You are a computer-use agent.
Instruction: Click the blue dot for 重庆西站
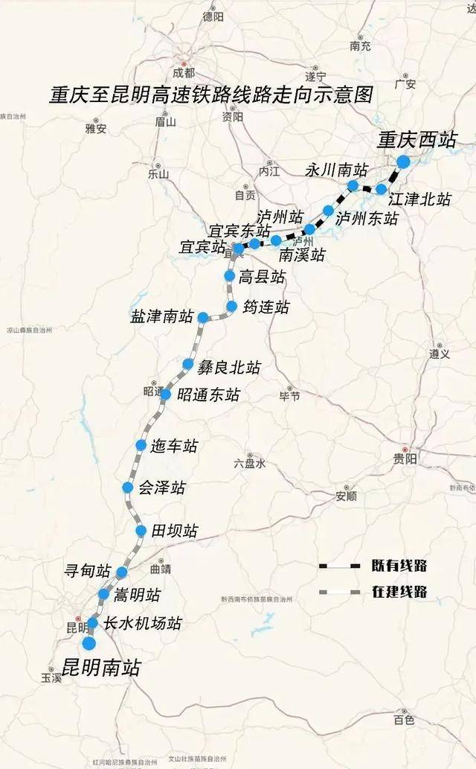click(403, 162)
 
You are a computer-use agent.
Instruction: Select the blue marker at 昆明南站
click(89, 644)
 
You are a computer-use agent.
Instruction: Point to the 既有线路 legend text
click(399, 567)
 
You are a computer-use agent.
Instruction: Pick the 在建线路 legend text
click(399, 593)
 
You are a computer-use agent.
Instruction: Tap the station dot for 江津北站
click(382, 189)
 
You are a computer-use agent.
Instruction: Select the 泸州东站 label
click(366, 218)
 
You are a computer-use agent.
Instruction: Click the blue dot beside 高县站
click(230, 276)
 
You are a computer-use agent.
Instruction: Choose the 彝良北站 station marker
click(188, 364)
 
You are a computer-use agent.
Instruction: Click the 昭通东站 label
click(208, 395)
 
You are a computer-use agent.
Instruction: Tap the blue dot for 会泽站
click(128, 488)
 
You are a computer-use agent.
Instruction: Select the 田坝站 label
click(175, 531)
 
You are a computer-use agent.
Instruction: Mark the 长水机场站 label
click(143, 623)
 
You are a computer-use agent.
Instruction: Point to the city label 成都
click(183, 73)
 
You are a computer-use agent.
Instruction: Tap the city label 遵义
click(440, 354)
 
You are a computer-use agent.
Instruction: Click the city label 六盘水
click(249, 463)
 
